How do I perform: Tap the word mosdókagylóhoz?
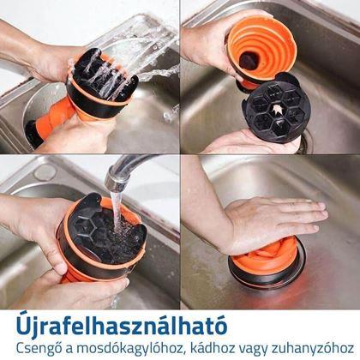click(129, 349)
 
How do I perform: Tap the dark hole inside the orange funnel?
click(249, 60)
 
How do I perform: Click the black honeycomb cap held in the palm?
click(273, 111)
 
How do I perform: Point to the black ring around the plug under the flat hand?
click(267, 277)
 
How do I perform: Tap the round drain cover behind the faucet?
click(45, 172)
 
